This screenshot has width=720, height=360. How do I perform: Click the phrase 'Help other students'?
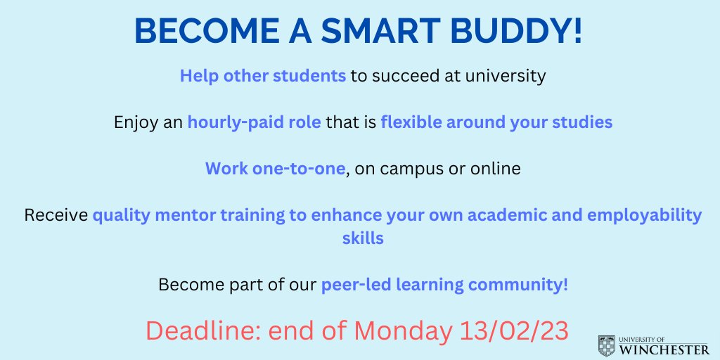(x=263, y=76)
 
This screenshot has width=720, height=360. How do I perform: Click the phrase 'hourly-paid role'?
(x=254, y=122)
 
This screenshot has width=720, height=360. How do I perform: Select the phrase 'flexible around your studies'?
(x=496, y=122)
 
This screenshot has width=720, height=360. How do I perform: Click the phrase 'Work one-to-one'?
(x=276, y=169)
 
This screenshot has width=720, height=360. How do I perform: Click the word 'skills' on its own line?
(x=359, y=238)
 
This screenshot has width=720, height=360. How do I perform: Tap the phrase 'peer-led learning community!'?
(x=444, y=285)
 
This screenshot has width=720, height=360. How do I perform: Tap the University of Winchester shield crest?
(x=605, y=346)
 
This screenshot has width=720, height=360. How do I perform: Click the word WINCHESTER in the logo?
(x=664, y=349)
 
